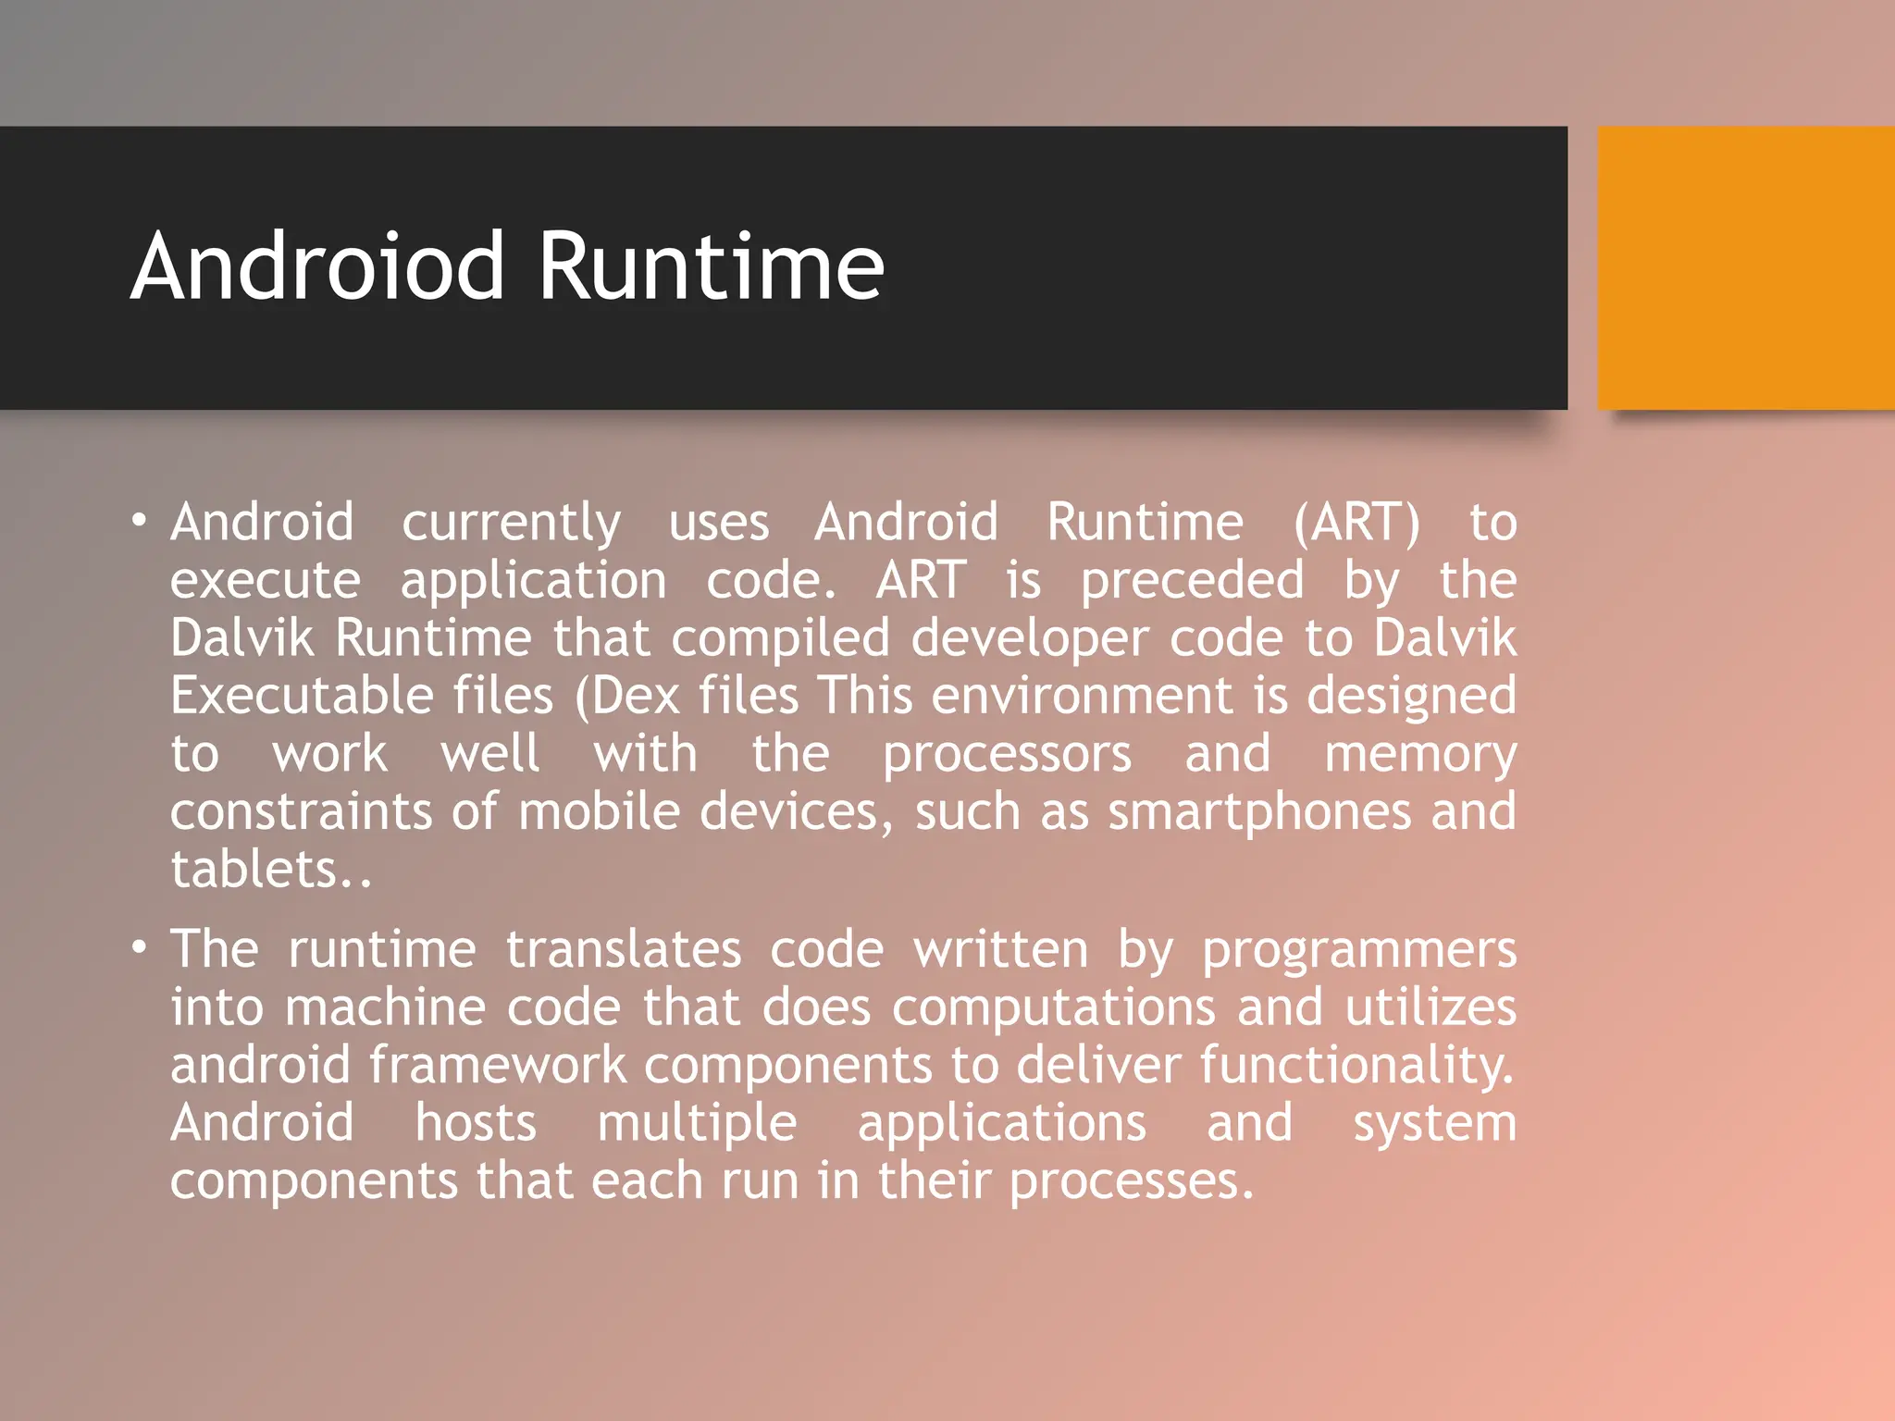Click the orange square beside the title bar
click(1746, 268)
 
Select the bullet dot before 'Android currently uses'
click(139, 521)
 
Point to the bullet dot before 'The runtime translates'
click(139, 948)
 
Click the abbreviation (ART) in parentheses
click(1356, 523)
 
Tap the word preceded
click(1193, 582)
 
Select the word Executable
click(302, 696)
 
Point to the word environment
click(1082, 696)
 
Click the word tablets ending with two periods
click(270, 870)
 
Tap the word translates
click(624, 950)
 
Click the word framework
click(498, 1065)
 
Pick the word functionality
click(1357, 1066)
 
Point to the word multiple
click(697, 1124)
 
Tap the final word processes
click(1131, 1182)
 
